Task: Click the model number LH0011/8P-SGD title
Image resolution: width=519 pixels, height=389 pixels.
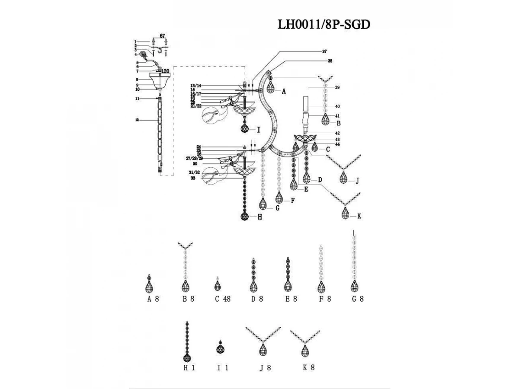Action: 324,25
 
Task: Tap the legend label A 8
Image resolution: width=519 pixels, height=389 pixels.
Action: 153,299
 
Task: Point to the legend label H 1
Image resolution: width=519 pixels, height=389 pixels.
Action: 189,368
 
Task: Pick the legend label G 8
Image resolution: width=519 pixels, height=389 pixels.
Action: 357,299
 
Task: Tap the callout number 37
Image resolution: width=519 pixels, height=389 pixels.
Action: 324,51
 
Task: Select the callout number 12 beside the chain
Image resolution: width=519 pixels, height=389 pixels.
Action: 137,121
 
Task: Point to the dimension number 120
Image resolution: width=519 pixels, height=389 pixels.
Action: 165,71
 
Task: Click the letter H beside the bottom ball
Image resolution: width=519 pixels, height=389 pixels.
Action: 259,218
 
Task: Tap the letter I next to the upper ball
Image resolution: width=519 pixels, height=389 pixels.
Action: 258,129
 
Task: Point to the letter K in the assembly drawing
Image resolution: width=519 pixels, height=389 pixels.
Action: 359,216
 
